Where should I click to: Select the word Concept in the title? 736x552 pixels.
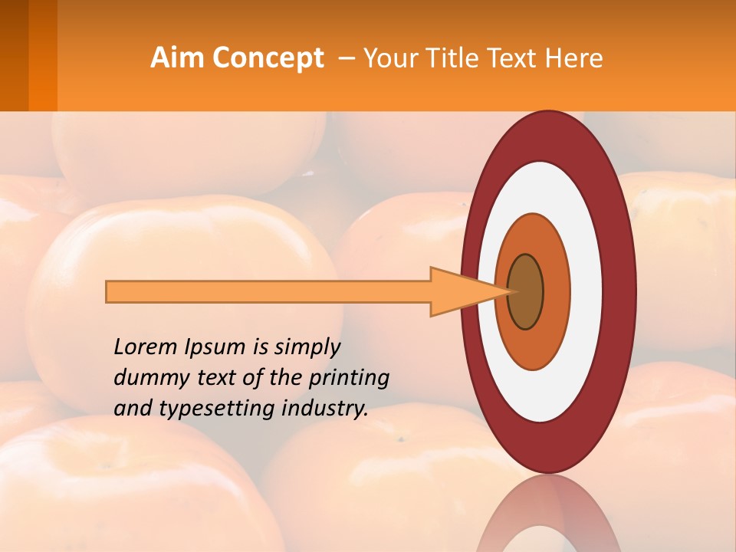pyautogui.click(x=268, y=58)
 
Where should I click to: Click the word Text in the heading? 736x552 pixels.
pyautogui.click(x=514, y=58)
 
